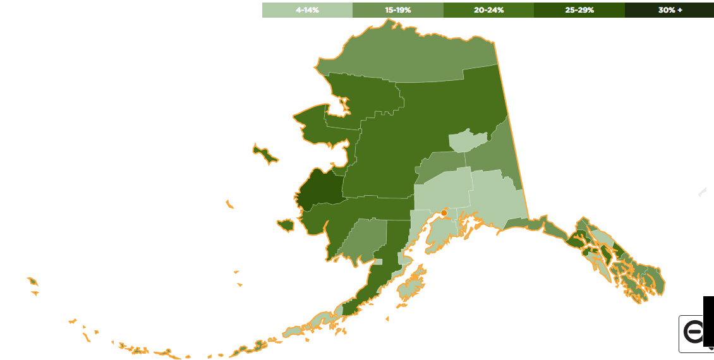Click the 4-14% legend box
(307, 10)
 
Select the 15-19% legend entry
(398, 10)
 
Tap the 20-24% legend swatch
(488, 10)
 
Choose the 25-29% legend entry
(579, 10)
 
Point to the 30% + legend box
(669, 10)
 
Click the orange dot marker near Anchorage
(444, 213)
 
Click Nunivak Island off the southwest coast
(286, 225)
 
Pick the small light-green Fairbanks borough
(468, 141)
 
